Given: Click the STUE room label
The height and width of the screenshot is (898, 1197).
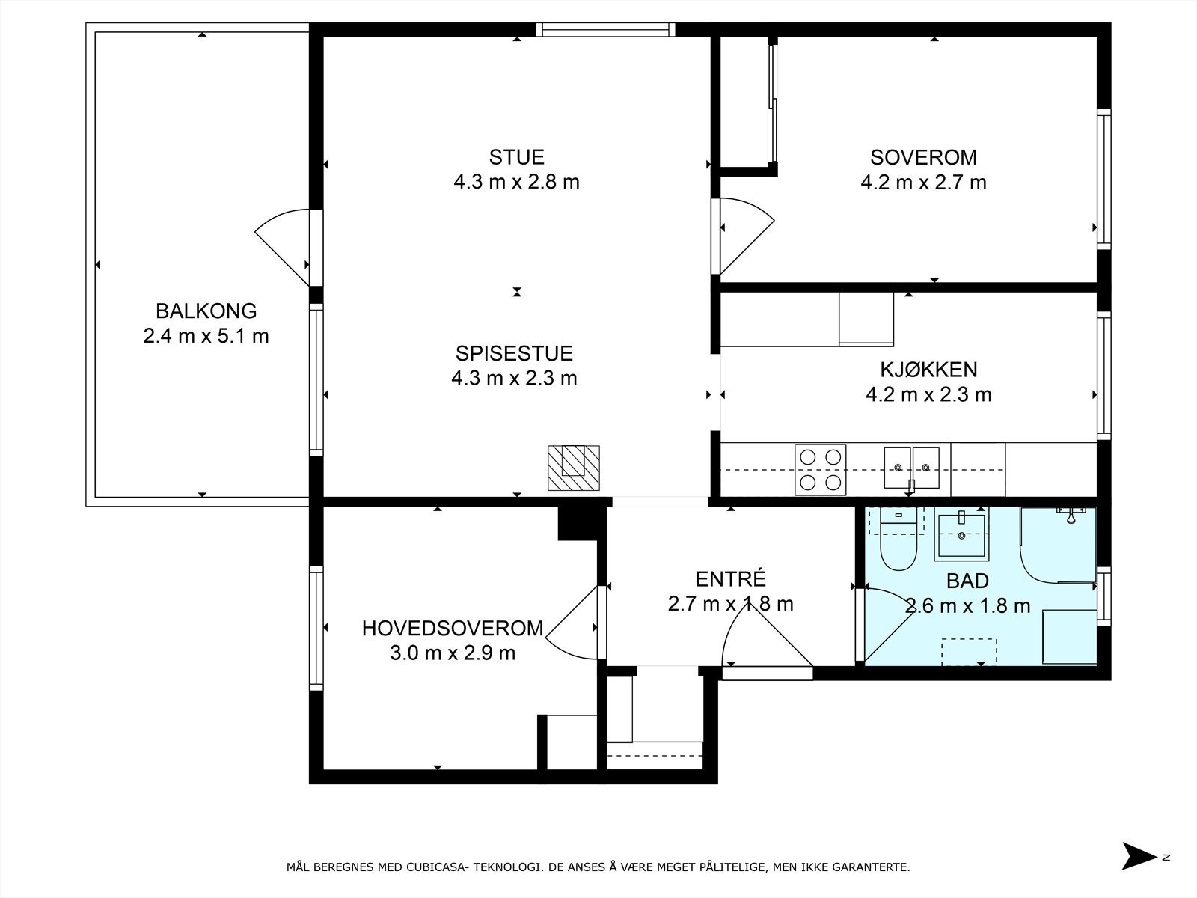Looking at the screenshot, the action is coord(516,157).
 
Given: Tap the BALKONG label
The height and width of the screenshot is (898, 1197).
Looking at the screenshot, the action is coord(206,311).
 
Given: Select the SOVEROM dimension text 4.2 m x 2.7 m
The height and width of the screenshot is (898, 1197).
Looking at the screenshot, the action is coord(923,182).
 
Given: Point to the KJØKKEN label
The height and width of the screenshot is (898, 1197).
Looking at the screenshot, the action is coord(928,370).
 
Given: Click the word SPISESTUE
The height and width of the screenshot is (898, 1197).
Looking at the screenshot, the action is coord(514,354).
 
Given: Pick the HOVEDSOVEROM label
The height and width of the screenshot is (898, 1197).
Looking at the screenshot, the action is coord(453,628).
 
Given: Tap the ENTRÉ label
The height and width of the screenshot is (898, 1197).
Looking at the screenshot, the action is coord(730,578).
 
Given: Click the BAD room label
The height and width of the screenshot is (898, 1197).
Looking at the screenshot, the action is coord(967,581).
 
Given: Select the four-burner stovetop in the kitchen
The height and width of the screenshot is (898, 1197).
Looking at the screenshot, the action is coord(820,469).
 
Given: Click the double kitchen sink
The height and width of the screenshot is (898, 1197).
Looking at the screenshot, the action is coord(911,467).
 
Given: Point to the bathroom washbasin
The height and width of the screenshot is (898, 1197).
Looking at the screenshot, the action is coord(961,534).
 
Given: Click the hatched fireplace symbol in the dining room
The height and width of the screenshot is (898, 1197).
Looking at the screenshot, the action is coord(574,468).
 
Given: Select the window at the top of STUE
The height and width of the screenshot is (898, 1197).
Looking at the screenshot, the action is coord(605,29).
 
